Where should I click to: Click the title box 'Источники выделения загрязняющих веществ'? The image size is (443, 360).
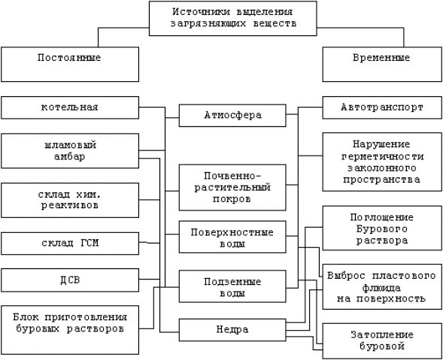pos(233,18)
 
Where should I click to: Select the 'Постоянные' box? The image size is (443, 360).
pos(70,65)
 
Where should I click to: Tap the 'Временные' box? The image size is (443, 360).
pos(382,65)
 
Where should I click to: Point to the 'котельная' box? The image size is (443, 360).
pos(70,107)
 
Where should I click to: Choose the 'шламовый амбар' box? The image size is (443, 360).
pos(70,151)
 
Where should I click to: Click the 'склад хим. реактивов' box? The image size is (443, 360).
pos(70,200)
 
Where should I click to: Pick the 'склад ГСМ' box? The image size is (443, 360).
pos(70,244)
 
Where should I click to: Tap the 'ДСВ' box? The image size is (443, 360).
pos(70,280)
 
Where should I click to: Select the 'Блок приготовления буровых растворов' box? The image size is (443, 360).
pos(70,330)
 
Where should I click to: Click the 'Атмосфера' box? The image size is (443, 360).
pos(232,116)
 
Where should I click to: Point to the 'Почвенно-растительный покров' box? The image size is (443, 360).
pos(232,187)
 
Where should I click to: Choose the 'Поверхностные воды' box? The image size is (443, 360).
pos(232,237)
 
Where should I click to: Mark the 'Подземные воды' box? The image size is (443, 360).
pos(232,286)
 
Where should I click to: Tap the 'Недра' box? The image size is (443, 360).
pos(232,330)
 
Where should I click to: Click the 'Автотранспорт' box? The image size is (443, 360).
pos(382,107)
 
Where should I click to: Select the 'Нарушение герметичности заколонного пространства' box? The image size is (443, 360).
pos(382,162)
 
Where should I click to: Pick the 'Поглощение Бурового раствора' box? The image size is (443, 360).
pos(382,228)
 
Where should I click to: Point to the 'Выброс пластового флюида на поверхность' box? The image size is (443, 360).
pos(382,286)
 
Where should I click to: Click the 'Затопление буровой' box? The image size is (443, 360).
pos(382,341)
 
